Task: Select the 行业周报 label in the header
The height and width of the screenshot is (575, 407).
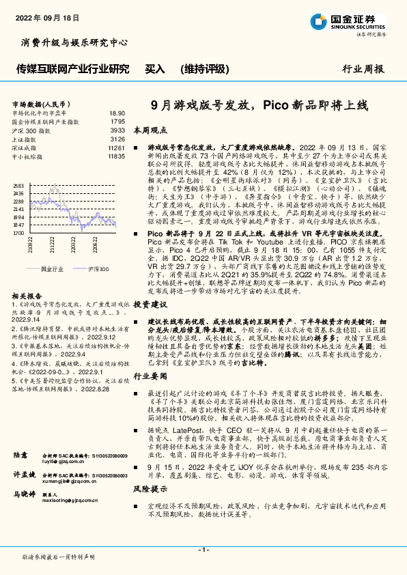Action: point(364,69)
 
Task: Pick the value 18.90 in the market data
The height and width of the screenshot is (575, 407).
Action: point(117,113)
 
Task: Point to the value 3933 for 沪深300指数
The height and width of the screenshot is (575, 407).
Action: point(117,130)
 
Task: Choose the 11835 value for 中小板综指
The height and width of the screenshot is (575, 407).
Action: point(116,156)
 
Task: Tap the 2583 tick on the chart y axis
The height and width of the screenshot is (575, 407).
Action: point(18,186)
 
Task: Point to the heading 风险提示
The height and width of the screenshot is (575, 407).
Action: point(150,490)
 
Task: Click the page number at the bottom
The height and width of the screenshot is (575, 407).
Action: point(203,550)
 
